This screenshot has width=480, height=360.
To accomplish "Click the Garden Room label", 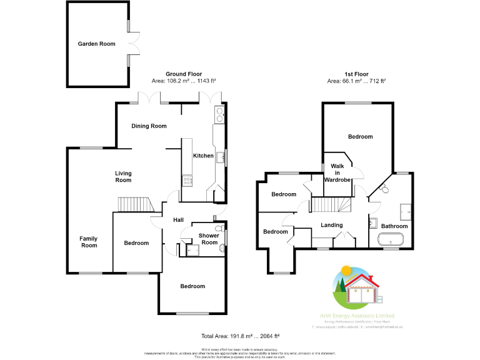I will click(x=97, y=44).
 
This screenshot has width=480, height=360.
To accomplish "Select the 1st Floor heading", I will click(x=356, y=74).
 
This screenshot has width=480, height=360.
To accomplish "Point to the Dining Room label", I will click(x=149, y=126).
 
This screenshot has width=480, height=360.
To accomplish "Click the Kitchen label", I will click(x=203, y=156).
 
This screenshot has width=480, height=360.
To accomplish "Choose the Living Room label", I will click(x=123, y=176).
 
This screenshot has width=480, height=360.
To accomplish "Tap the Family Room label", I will click(x=89, y=241).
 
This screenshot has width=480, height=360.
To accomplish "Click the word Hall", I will click(x=178, y=220).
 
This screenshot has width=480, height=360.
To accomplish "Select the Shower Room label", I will click(x=208, y=239).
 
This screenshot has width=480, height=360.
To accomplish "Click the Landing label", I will click(x=331, y=225).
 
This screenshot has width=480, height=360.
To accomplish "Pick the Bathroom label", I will click(x=394, y=226).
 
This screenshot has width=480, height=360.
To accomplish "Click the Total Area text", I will click(x=240, y=336).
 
